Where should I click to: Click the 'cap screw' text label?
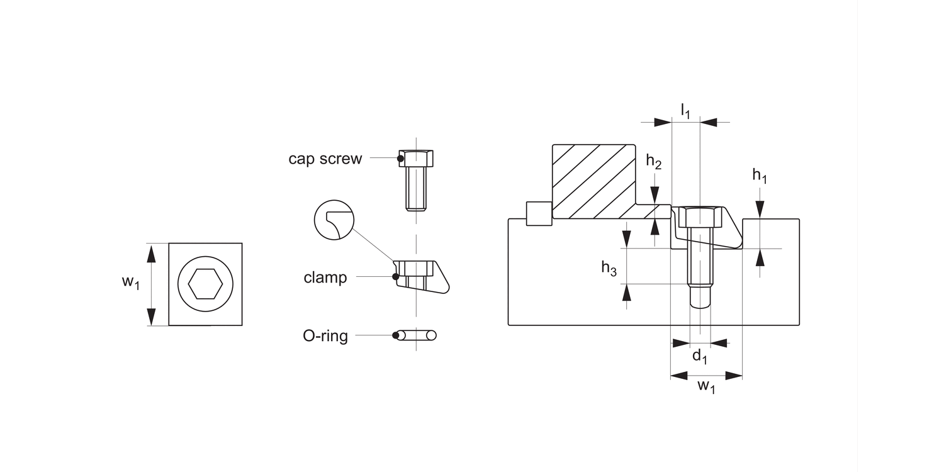(x=325, y=159)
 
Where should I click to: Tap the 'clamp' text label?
(x=325, y=278)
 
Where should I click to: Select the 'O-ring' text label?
(x=325, y=336)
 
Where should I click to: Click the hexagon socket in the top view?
(x=205, y=284)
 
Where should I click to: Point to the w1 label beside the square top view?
(x=131, y=281)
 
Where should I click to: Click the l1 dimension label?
(x=686, y=111)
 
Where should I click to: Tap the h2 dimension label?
(x=654, y=162)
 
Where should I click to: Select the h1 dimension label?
(x=760, y=176)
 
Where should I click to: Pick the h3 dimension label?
(x=609, y=268)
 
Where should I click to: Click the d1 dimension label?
(x=700, y=357)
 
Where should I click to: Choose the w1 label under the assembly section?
(x=706, y=386)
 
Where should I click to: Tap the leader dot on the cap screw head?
(x=400, y=159)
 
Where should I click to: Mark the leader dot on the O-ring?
(x=395, y=335)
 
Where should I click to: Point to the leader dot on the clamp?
(x=395, y=276)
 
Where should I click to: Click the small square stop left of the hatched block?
(x=539, y=214)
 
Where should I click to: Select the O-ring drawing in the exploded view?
(x=417, y=335)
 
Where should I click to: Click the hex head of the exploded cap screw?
(x=416, y=159)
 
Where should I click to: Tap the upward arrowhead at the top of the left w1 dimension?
(x=151, y=253)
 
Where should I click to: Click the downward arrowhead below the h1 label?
(x=760, y=210)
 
